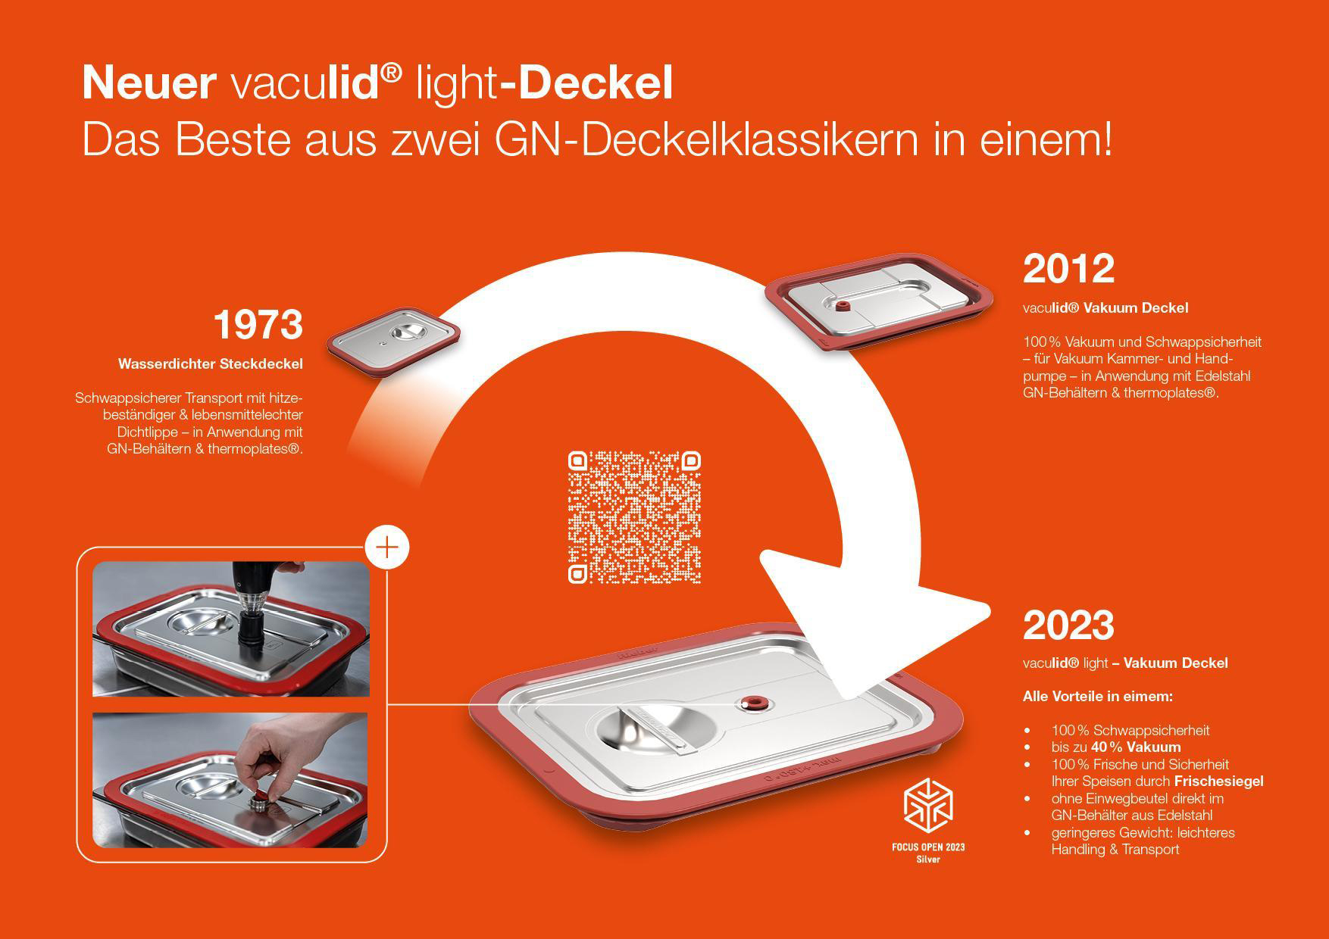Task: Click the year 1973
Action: pyautogui.click(x=258, y=324)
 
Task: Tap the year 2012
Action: pyautogui.click(x=1068, y=268)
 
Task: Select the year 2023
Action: pyautogui.click(x=1068, y=625)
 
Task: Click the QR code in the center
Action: pyautogui.click(x=634, y=517)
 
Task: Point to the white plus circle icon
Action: pyautogui.click(x=387, y=547)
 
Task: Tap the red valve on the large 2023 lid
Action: pyautogui.click(x=754, y=703)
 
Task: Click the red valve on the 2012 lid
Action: pyautogui.click(x=840, y=305)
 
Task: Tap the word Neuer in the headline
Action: pyautogui.click(x=149, y=83)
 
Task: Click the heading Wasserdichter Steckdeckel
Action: pyautogui.click(x=211, y=364)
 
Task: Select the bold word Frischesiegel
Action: pyautogui.click(x=1219, y=781)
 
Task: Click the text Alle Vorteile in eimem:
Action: pyautogui.click(x=1098, y=696)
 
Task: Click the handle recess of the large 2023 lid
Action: pyautogui.click(x=655, y=728)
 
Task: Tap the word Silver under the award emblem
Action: pyautogui.click(x=928, y=859)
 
